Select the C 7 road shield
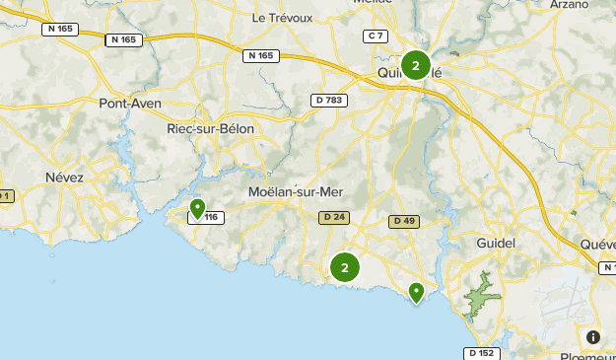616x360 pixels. pos(375,36)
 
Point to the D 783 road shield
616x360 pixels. pos(327,100)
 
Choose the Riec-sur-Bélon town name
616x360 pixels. pos(211,128)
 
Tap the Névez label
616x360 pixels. pos(64,177)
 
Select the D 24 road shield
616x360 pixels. pos(333,217)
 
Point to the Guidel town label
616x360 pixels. pos(495,240)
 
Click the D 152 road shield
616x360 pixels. pos(481,352)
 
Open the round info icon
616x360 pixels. pos(593,337)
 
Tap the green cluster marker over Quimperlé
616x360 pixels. pos(416,66)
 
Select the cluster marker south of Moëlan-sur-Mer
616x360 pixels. pos(345,267)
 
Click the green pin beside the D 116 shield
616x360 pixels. pos(197,209)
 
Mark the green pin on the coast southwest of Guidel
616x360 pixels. pos(417,292)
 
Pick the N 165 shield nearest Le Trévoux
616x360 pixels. pos(262,56)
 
